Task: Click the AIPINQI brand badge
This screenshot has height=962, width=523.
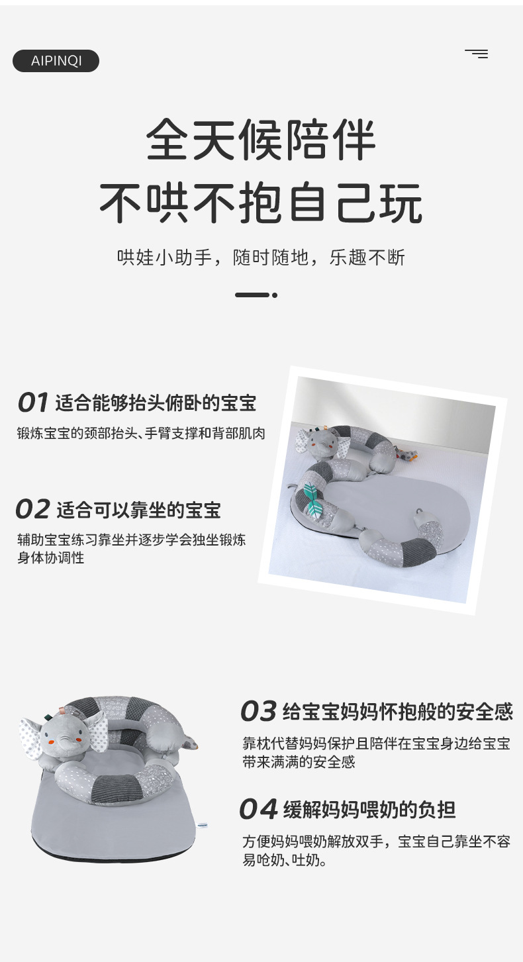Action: click(56, 61)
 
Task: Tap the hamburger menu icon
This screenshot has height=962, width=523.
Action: click(476, 54)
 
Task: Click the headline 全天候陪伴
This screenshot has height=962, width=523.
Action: click(261, 140)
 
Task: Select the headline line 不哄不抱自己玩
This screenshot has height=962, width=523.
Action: click(261, 203)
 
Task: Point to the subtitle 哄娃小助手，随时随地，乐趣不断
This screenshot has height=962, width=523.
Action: click(261, 258)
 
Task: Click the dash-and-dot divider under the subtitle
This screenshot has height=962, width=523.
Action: click(256, 295)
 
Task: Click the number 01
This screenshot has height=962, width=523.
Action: click(33, 403)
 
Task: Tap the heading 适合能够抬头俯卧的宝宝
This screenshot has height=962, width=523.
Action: click(156, 403)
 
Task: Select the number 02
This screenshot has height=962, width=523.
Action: click(33, 509)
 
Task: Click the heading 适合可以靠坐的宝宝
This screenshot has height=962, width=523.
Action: click(138, 510)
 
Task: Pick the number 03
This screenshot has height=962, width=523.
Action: click(258, 712)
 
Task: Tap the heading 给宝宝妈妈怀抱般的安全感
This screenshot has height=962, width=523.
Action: click(397, 712)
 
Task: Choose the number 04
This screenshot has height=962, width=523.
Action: click(258, 809)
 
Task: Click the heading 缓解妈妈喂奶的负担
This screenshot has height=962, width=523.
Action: click(369, 810)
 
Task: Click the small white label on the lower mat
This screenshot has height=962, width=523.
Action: click(203, 825)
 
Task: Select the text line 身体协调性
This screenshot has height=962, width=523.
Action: click(51, 557)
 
